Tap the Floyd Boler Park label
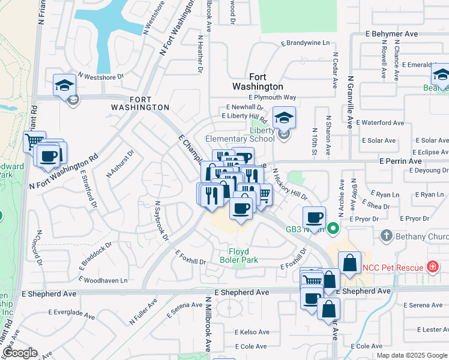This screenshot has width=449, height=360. [x=243, y=256]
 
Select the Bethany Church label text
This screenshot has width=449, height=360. [x=421, y=236]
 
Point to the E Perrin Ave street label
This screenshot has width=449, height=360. [x=400, y=161]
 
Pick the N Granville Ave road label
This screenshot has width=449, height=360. [x=349, y=102]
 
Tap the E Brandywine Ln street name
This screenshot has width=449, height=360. [x=306, y=43]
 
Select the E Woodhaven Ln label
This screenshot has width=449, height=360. [x=106, y=280]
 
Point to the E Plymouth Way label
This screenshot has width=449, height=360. [x=274, y=97]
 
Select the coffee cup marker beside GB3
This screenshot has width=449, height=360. [x=314, y=217]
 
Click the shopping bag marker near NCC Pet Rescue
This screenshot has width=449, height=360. [x=349, y=262]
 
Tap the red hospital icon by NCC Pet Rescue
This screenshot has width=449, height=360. [x=431, y=266]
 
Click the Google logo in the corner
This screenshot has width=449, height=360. [x=20, y=353]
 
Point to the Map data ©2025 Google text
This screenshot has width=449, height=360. [x=411, y=355]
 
